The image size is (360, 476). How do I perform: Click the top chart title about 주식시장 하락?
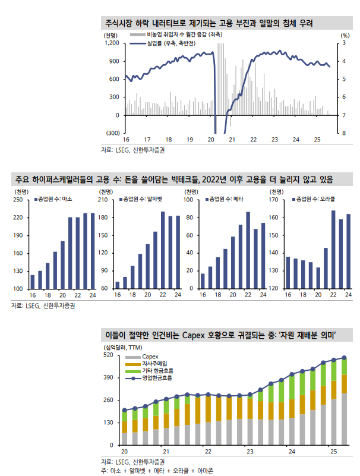coord(208,24)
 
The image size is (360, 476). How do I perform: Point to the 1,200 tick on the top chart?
coord(111,43)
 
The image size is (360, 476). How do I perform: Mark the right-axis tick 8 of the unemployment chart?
coord(344,133)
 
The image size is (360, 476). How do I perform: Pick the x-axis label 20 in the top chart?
coord(211,140)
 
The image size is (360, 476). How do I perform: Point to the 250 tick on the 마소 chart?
coord(17,200)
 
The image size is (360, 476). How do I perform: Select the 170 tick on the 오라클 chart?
coord(274,200)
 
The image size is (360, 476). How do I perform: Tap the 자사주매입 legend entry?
coord(154,363)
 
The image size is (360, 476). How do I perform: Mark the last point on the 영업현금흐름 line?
coord(344,358)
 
